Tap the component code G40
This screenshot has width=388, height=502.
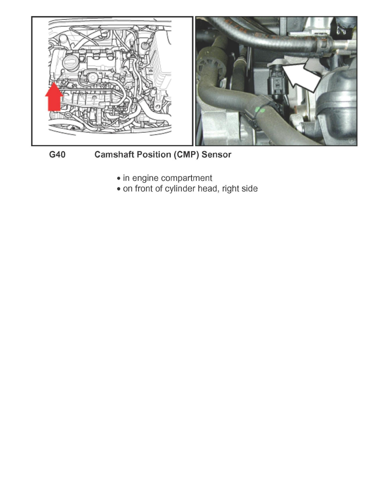pos(57,155)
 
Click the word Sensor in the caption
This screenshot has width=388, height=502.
pos(216,155)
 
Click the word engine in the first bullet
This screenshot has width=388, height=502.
pos(144,178)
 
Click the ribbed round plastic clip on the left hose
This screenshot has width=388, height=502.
pos(211,66)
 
